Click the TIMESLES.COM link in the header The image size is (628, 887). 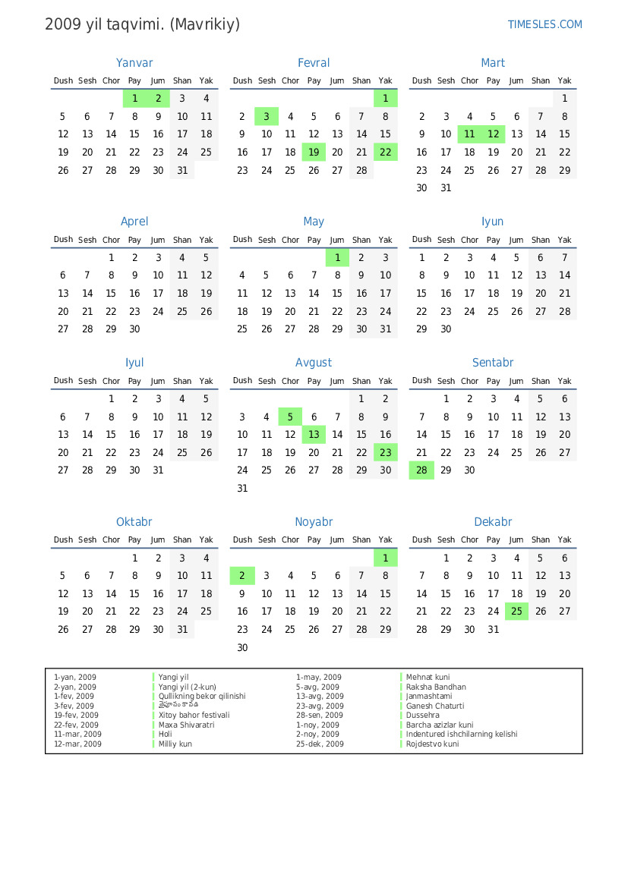click(544, 24)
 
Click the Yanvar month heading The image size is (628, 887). click(134, 63)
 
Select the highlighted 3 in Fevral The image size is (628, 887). click(267, 117)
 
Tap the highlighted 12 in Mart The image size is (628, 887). click(494, 134)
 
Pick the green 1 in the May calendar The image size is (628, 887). click(337, 258)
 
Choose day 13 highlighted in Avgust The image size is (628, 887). click(314, 435)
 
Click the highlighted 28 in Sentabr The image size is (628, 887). click(421, 470)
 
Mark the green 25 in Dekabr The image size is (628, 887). click(516, 612)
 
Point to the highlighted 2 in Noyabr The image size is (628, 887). click(242, 576)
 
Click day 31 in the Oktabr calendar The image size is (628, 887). click(182, 630)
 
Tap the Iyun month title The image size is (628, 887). click(493, 222)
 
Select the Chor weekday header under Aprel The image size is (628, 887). click(111, 240)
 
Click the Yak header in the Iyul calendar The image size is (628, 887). click(206, 381)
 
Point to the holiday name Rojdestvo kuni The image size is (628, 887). click(432, 744)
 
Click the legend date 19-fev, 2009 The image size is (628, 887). click(76, 716)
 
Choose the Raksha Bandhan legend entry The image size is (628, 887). click(436, 687)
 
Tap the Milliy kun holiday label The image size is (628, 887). click(175, 744)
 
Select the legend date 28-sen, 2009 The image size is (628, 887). click(319, 716)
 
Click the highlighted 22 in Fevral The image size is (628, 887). click(386, 153)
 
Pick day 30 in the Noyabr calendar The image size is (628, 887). click(242, 648)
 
